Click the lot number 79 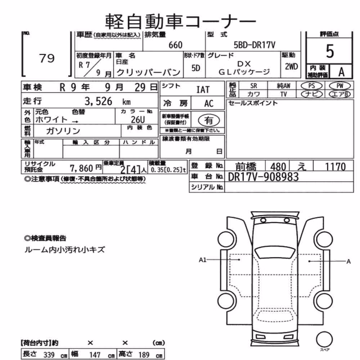[x=47, y=58]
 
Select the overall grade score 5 [x=330, y=51]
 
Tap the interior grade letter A [x=341, y=72]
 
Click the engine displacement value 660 [x=175, y=45]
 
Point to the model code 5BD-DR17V [x=254, y=45]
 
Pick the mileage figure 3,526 [x=98, y=101]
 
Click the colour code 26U [x=138, y=120]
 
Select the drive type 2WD [x=291, y=67]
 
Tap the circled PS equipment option [x=311, y=86]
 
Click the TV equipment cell [x=284, y=94]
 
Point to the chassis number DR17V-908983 [x=264, y=177]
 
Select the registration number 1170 [x=335, y=167]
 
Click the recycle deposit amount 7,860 [x=81, y=168]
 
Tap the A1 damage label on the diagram [x=202, y=260]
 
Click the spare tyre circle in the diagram [x=324, y=340]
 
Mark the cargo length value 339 [x=49, y=355]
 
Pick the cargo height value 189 [x=144, y=355]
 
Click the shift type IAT [x=203, y=90]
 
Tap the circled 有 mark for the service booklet [x=209, y=120]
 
